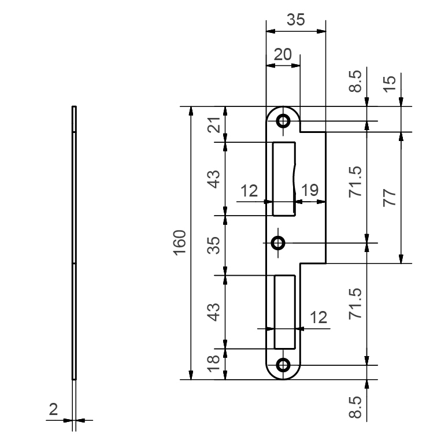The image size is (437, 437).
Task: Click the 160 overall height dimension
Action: (x=179, y=242)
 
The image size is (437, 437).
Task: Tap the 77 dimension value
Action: (x=390, y=198)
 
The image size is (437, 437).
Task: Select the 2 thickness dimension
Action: (x=53, y=409)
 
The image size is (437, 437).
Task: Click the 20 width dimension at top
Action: (x=283, y=54)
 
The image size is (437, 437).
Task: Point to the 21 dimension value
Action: (x=214, y=125)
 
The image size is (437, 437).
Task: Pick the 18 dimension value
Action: (x=214, y=364)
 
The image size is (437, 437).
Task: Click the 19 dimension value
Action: (x=310, y=190)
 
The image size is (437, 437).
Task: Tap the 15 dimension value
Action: (x=390, y=84)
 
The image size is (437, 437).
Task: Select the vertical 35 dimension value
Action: (x=214, y=245)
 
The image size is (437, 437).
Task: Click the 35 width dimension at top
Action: (x=296, y=20)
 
